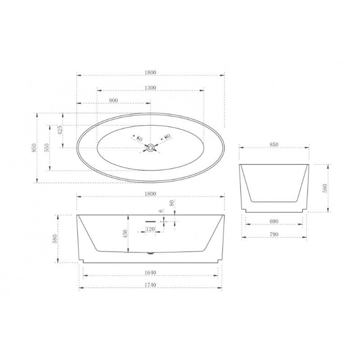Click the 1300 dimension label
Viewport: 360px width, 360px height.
(x=150, y=88)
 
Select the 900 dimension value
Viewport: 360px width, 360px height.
(x=114, y=100)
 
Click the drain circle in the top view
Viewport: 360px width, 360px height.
(x=150, y=148)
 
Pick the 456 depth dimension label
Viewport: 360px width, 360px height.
(x=125, y=234)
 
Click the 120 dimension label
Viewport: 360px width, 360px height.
(x=150, y=229)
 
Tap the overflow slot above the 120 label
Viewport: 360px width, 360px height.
(x=150, y=222)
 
